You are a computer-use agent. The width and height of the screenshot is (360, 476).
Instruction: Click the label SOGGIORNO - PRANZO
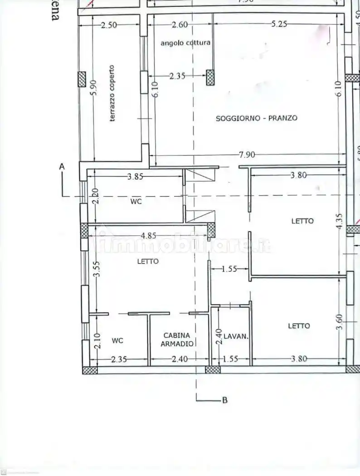click(x=257, y=118)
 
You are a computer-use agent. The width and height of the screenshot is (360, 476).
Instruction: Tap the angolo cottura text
click(x=185, y=43)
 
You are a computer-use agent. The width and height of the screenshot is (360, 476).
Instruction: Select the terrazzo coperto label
click(x=112, y=93)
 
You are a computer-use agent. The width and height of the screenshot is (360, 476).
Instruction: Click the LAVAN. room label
click(x=236, y=336)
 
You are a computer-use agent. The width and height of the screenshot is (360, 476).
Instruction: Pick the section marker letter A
click(x=62, y=167)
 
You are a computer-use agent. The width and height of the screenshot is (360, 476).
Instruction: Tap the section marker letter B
click(x=224, y=400)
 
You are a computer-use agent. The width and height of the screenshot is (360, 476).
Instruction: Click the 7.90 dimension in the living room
click(x=247, y=155)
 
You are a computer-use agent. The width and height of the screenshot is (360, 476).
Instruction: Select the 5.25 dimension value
click(x=279, y=24)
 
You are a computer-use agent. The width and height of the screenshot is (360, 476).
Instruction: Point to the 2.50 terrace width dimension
click(x=108, y=25)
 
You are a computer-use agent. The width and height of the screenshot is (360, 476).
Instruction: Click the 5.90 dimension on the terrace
click(x=93, y=88)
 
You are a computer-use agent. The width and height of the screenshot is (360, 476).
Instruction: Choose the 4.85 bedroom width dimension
click(x=148, y=235)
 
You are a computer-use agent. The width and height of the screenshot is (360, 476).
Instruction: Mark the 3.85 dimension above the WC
click(x=136, y=177)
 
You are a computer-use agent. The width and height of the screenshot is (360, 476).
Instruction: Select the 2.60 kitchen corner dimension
click(x=180, y=25)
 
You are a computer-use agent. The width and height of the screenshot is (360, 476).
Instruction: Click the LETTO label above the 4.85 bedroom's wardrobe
click(x=148, y=261)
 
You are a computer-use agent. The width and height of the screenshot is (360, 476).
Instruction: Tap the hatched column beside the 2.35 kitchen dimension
click(x=210, y=78)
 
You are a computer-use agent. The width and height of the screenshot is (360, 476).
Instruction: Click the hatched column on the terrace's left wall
click(x=82, y=79)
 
